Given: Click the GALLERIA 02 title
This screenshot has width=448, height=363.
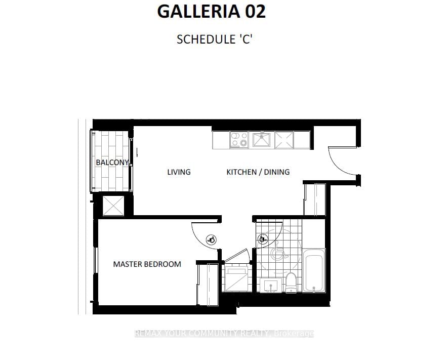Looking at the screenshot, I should point(211,12).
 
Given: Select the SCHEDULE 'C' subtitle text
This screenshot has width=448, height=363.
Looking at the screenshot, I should point(214,39).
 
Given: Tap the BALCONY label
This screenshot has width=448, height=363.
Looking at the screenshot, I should point(112,163).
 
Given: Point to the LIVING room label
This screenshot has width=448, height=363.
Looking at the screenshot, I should point(179,172).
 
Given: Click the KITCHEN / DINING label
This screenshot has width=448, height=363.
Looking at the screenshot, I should point(258,172).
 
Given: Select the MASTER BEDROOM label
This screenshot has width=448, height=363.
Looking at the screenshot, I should point(147,264).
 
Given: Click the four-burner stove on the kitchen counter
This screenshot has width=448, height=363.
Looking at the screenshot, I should point(238,139).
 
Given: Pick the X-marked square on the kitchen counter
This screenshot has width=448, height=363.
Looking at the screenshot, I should point(283,140).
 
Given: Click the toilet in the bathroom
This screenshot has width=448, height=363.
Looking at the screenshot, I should point(291,281).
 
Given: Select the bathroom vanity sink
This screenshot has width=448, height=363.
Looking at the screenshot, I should point(272,285).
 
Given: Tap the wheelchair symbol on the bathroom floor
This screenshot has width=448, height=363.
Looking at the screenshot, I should point(277,252).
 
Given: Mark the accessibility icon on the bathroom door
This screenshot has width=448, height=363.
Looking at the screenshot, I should point(262,239).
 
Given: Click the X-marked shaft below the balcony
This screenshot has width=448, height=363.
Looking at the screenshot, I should point(113,206).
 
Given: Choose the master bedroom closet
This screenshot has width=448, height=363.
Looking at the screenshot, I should point(208,285).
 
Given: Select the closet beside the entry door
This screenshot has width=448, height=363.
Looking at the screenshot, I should point(314,200).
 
